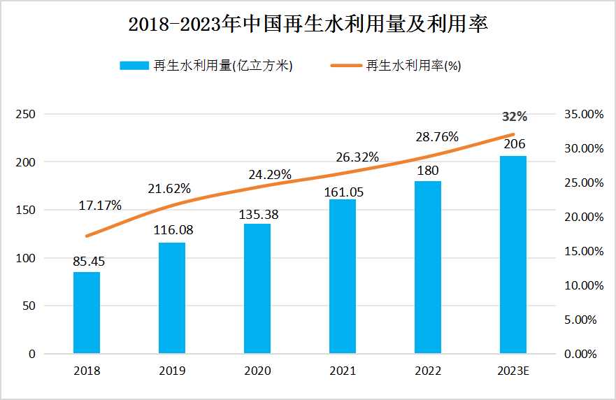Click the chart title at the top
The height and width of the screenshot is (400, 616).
click(x=308, y=24)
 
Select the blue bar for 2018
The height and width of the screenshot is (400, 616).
click(x=87, y=312)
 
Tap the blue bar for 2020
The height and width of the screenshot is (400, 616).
click(x=257, y=288)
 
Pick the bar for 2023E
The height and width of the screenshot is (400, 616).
click(x=513, y=255)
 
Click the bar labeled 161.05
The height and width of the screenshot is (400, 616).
click(x=343, y=276)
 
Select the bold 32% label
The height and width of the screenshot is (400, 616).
click(x=515, y=116)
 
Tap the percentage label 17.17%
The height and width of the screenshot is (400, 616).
click(x=100, y=206)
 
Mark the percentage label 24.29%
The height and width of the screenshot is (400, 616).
click(x=271, y=174)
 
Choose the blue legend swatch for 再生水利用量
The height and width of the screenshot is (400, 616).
click(x=135, y=66)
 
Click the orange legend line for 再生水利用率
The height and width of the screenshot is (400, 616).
click(x=346, y=66)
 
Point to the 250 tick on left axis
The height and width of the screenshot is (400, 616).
click(x=25, y=114)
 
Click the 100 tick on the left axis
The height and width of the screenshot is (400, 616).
click(x=25, y=258)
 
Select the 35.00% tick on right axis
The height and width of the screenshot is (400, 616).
click(x=582, y=114)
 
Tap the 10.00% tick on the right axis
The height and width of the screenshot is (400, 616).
click(x=582, y=285)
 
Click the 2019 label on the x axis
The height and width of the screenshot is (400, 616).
click(x=172, y=371)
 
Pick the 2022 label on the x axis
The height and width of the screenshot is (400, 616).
click(x=428, y=371)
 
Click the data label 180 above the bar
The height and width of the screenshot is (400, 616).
click(x=428, y=171)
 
